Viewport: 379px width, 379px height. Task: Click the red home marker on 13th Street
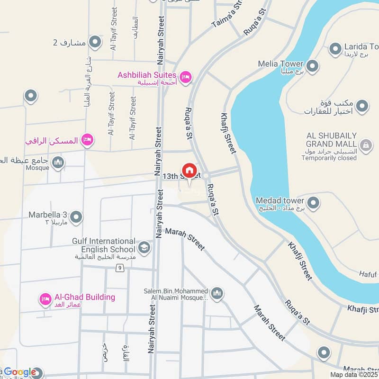coord(189,171)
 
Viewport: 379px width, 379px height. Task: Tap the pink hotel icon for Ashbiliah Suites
coord(186,76)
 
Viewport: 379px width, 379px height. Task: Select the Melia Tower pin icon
coord(312,65)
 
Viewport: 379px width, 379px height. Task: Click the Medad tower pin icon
coord(313,203)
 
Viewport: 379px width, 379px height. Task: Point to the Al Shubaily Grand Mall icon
coord(365,145)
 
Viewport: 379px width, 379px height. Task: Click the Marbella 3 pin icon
coord(76,217)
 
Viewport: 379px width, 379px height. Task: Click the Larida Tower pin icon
coord(335,48)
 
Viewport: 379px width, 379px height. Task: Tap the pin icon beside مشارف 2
coord(95,43)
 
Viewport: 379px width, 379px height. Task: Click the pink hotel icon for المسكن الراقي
coord(87,139)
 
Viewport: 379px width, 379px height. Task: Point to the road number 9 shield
coord(121,269)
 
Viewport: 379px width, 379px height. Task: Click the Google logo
coord(20,372)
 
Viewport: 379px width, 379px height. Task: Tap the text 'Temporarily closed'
coord(329,158)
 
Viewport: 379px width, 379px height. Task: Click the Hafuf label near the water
coord(367,274)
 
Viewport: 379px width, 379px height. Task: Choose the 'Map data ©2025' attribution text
coord(354,375)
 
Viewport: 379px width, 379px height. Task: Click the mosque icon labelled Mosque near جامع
coord(58,162)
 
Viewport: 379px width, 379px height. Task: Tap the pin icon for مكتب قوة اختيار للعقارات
coord(362,106)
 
